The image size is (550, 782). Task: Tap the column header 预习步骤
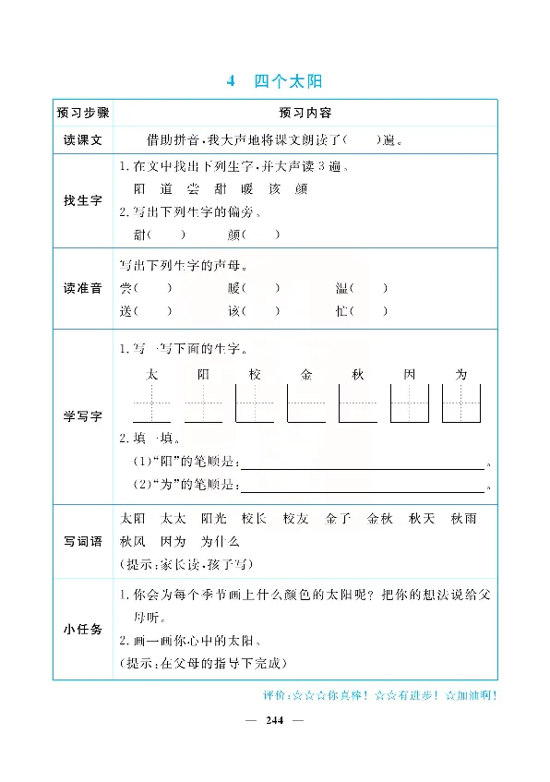[x=83, y=113]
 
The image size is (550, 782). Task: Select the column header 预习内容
[x=304, y=113]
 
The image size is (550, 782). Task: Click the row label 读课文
[x=83, y=140]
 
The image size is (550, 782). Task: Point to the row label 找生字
[x=83, y=200]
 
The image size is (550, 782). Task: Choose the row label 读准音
[x=83, y=288]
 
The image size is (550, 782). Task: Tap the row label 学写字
[x=83, y=417]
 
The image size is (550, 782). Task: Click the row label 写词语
[x=83, y=541]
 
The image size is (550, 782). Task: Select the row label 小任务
[x=83, y=629]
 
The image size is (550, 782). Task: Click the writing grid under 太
[x=152, y=403]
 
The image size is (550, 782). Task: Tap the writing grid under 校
[x=256, y=403]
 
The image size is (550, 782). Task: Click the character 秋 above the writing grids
[x=358, y=374]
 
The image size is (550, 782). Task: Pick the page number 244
[x=274, y=720]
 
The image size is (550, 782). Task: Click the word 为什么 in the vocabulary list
[x=220, y=542]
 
